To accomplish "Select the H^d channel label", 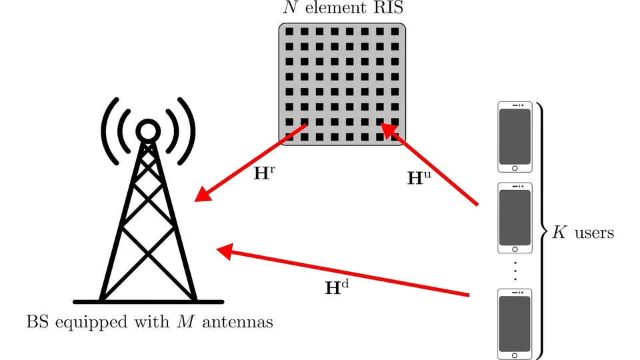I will [336, 288].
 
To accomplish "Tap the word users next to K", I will [593, 234].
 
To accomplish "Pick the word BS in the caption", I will [34, 323].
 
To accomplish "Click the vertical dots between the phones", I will [515, 272].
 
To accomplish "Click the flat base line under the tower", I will [147, 301].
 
